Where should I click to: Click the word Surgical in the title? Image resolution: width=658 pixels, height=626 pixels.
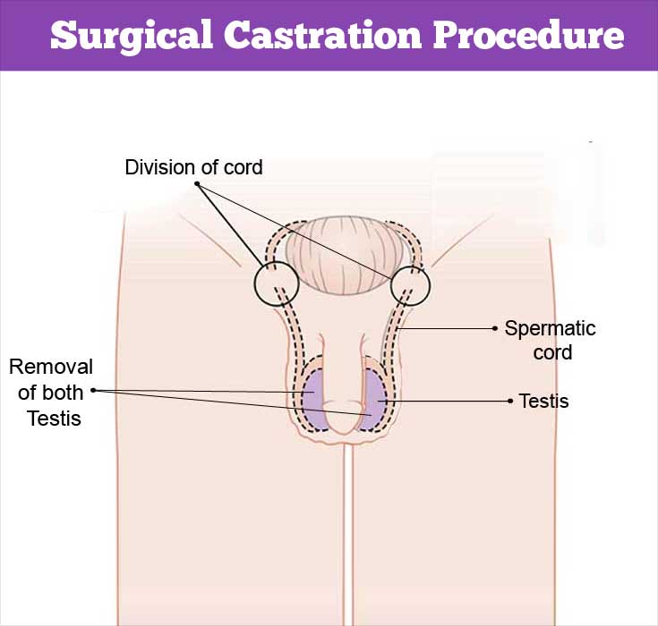tap(132, 35)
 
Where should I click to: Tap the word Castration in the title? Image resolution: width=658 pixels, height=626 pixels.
tap(322, 34)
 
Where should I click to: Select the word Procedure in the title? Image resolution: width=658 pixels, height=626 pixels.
tap(529, 34)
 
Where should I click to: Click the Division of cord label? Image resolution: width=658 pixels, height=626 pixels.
tap(194, 167)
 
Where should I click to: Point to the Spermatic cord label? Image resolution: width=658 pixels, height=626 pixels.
tap(551, 340)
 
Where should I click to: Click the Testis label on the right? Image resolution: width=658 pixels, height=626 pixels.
tap(544, 401)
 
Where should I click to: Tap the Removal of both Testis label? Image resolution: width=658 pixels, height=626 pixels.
tap(51, 393)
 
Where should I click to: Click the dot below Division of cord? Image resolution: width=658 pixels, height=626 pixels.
tap(197, 183)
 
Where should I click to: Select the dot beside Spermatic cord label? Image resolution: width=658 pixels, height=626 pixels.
tap(495, 329)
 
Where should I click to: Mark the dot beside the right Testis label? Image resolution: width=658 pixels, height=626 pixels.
tap(510, 402)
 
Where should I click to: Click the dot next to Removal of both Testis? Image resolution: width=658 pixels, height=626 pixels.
tap(93, 391)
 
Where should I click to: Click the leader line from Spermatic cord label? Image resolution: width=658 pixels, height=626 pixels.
tap(446, 329)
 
